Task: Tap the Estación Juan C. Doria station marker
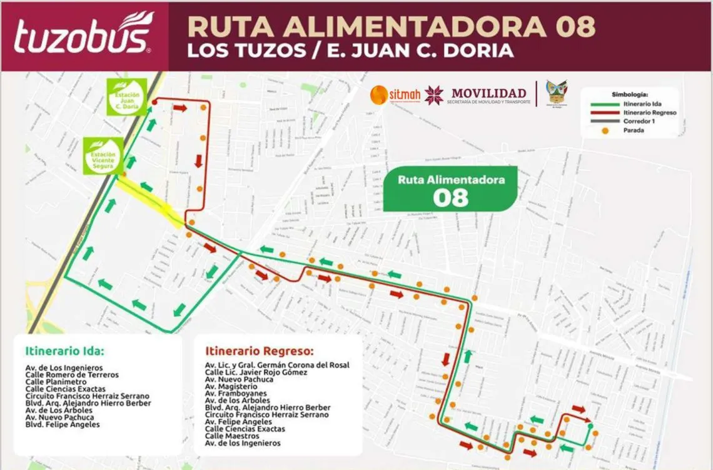tap(126, 97)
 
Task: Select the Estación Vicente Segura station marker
tap(103, 156)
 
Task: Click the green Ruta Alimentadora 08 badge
tap(450, 189)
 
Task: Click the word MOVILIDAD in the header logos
tap(488, 93)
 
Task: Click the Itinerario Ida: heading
tap(64, 350)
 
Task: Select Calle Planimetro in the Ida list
tap(56, 382)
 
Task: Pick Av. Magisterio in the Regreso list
tap(231, 387)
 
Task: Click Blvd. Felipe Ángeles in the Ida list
tap(62, 425)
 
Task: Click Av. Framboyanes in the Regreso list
tap(234, 394)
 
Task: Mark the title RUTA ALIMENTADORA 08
tap(391, 26)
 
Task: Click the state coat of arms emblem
tap(556, 94)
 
